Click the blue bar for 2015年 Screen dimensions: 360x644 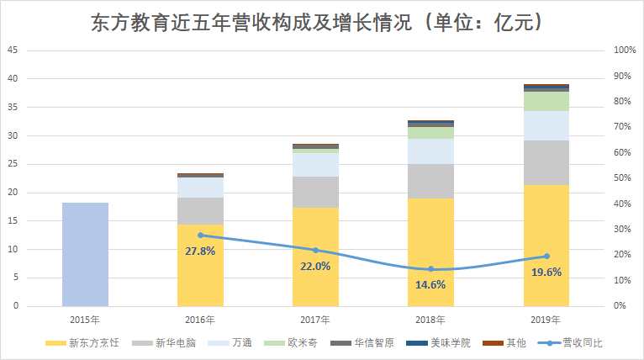point(85,254)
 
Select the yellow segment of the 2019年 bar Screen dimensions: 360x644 point(546,245)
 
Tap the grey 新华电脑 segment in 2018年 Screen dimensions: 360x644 point(430,181)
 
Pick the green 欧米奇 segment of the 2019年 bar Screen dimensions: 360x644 point(546,101)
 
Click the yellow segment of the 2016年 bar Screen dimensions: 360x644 point(200,265)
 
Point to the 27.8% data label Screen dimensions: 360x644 point(200,251)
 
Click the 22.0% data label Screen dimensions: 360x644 point(315,266)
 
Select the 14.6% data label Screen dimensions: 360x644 point(430,284)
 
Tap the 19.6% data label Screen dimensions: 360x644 point(546,272)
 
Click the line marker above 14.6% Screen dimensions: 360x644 point(430,269)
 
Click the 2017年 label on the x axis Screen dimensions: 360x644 point(315,320)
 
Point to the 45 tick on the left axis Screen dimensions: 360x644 point(13,50)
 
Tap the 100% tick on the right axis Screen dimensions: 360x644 point(624,50)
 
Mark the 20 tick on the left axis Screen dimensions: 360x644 point(13,193)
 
